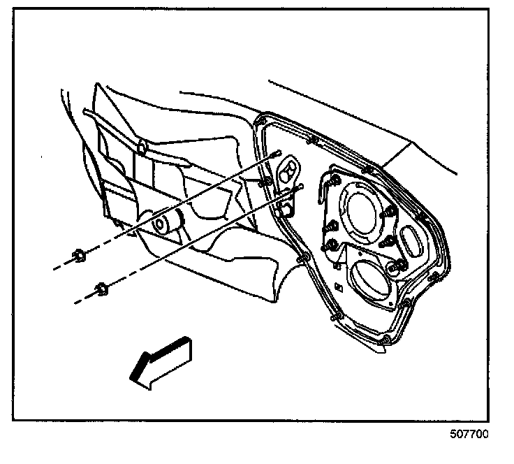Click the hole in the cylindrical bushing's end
[160, 225]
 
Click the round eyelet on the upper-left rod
[141, 147]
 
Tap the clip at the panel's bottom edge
[385, 339]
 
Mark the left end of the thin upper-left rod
[85, 110]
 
